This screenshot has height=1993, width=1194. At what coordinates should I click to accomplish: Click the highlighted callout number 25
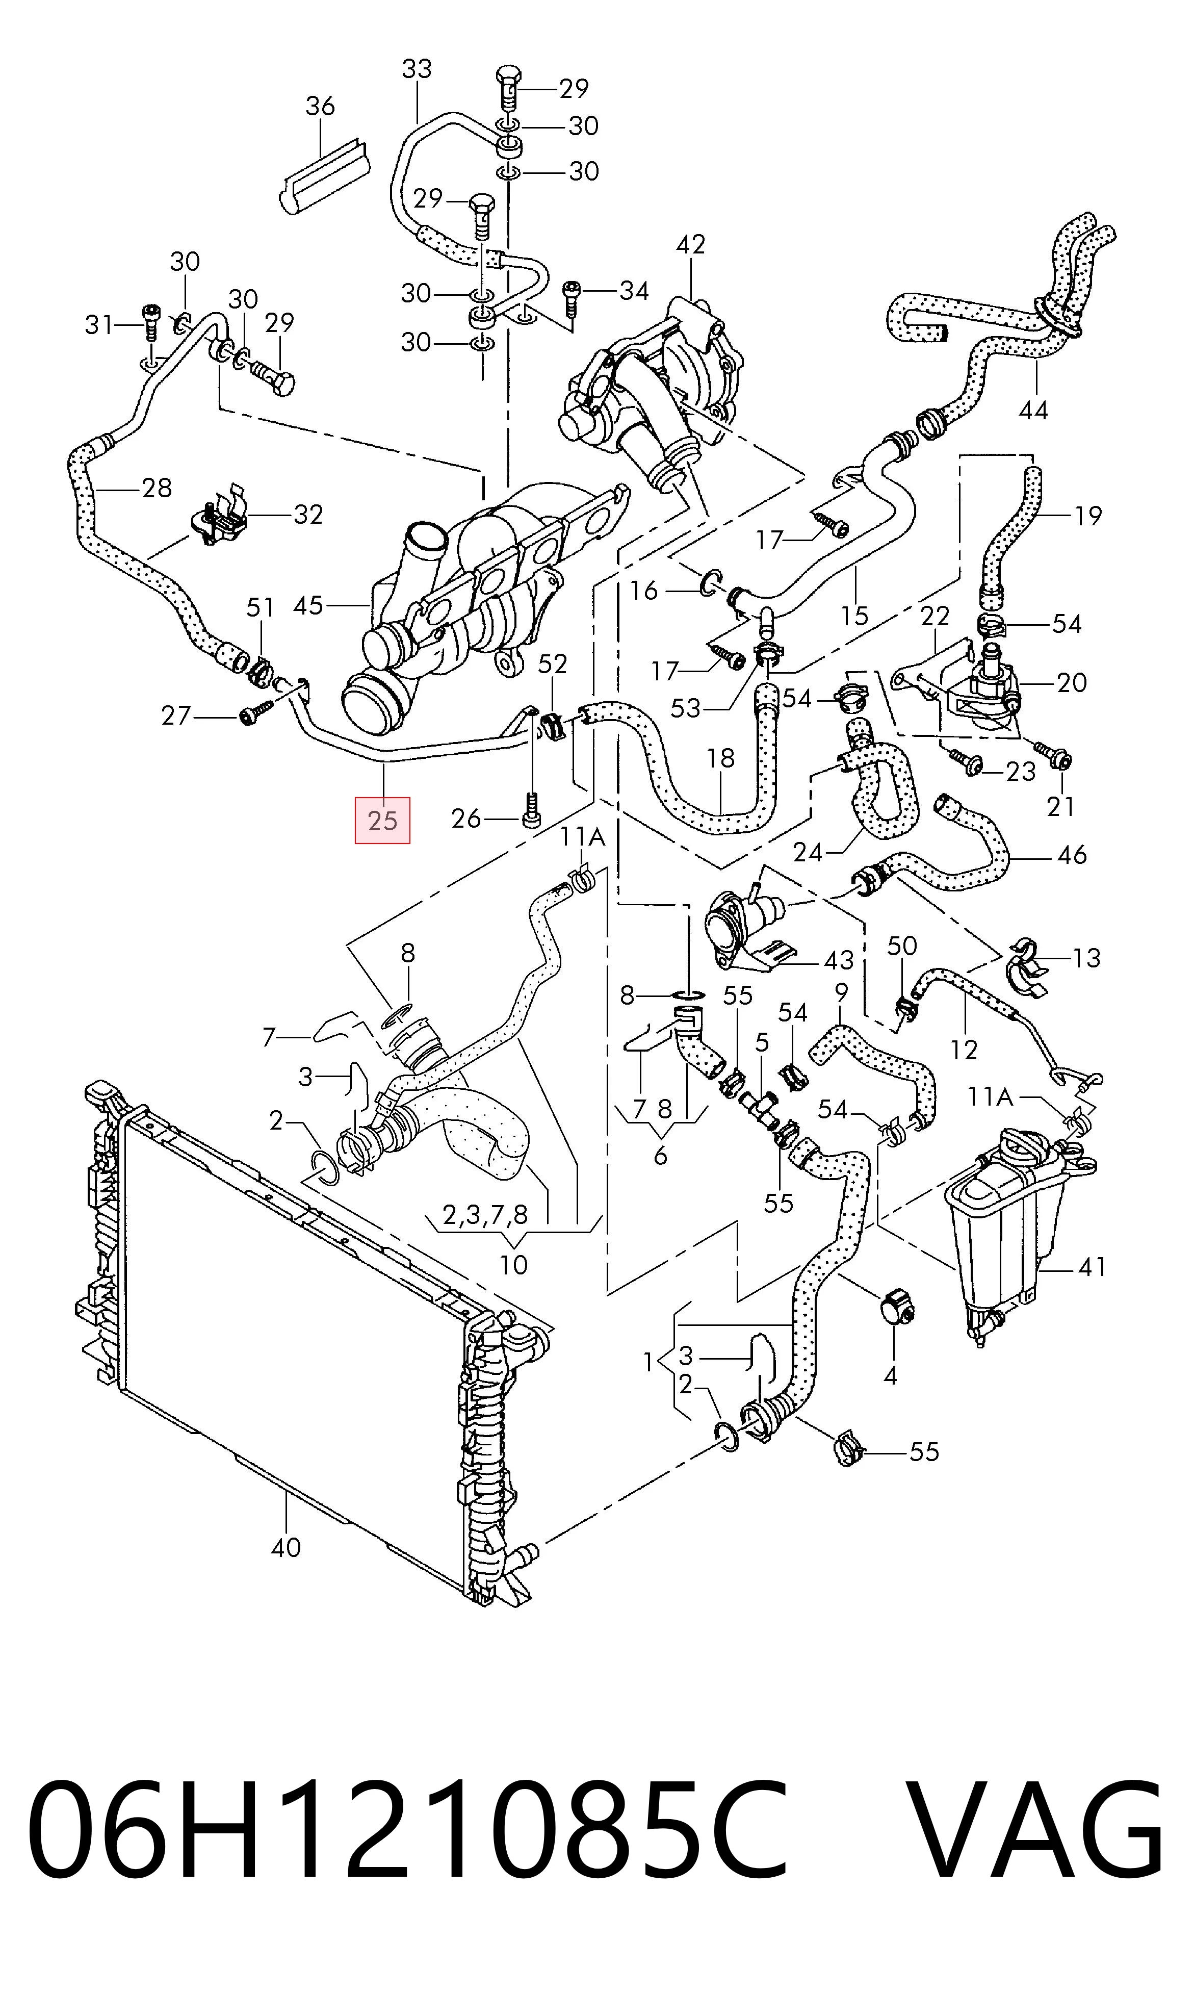[382, 820]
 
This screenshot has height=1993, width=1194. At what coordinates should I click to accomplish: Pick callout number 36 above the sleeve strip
[320, 106]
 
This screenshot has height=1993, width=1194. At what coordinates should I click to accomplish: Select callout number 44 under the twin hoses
[1033, 411]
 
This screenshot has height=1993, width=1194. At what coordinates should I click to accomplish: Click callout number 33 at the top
[417, 69]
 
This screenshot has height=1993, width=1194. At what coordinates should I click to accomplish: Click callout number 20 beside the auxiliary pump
[1072, 682]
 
